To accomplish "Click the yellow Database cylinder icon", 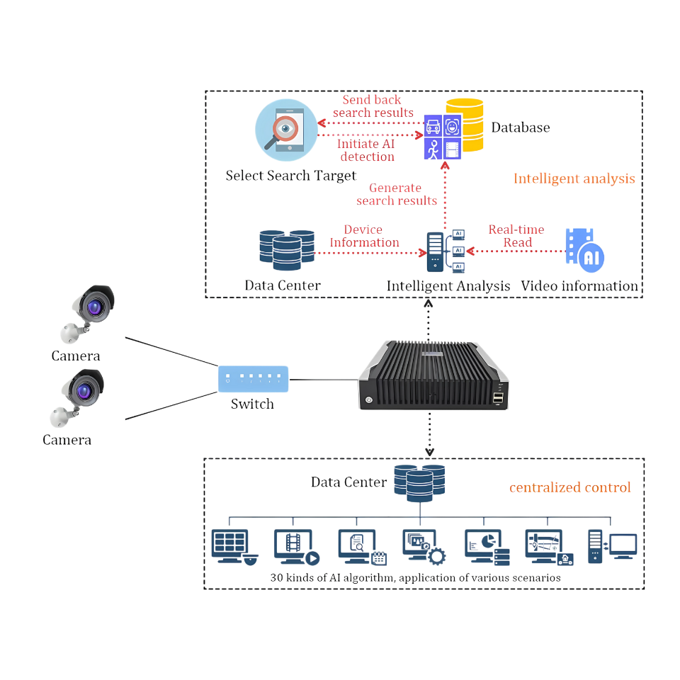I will [x=465, y=125].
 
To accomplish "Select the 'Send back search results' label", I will [x=373, y=106].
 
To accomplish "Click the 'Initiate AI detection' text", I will [x=366, y=150].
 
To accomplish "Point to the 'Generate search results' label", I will [x=397, y=194].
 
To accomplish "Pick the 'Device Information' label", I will [x=363, y=237].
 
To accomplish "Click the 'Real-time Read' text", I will [x=516, y=236].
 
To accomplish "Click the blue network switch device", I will [x=253, y=379].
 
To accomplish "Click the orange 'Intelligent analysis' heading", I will [x=574, y=178].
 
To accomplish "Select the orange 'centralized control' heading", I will [x=569, y=487].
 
